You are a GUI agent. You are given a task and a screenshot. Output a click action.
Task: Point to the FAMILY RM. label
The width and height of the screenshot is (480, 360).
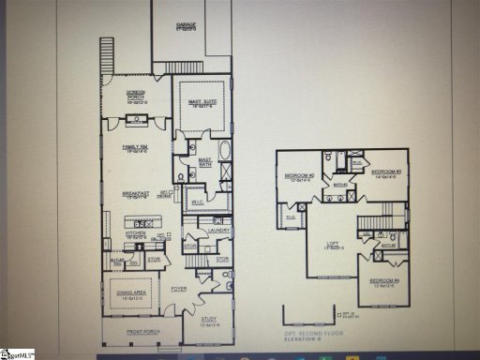(x=137, y=147)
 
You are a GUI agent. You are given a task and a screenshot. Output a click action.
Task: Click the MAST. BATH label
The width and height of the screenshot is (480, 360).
(x=204, y=163)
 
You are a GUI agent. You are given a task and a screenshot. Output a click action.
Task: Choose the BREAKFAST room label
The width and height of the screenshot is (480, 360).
(x=137, y=193)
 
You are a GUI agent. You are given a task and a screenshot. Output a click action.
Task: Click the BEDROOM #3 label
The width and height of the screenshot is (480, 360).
(x=385, y=173)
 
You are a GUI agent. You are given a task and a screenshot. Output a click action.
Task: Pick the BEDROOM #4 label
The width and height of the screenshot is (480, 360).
(x=382, y=281)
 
